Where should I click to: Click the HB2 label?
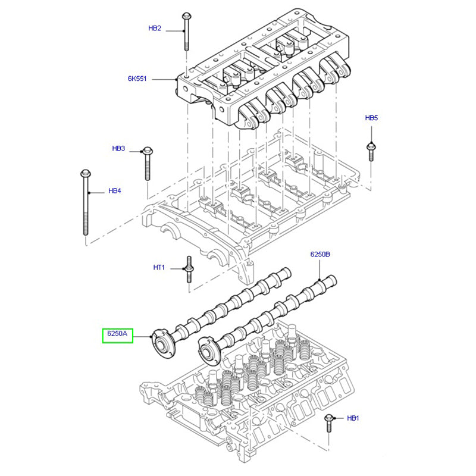(155, 29)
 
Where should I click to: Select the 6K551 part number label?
(137, 79)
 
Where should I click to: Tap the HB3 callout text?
(118, 149)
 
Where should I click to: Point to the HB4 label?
(115, 192)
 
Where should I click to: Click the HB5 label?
(371, 118)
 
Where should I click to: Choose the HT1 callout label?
(159, 268)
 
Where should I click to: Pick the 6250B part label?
(320, 254)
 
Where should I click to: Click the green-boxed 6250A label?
(117, 334)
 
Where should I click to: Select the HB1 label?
(353, 419)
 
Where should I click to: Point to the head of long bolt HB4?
(84, 174)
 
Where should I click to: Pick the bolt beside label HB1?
(328, 424)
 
